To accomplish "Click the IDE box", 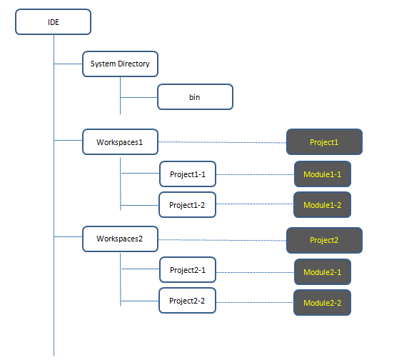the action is pyautogui.click(x=54, y=22).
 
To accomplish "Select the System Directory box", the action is pyautogui.click(x=120, y=64).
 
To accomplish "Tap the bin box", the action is pyautogui.click(x=195, y=97).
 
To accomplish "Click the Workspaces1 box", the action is pyautogui.click(x=120, y=141).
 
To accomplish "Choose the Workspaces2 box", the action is pyautogui.click(x=120, y=239).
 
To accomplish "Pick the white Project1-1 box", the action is pyautogui.click(x=188, y=174).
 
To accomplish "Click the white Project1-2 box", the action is pyautogui.click(x=187, y=205).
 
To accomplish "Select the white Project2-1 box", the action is pyautogui.click(x=188, y=270).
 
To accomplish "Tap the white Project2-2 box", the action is pyautogui.click(x=187, y=301).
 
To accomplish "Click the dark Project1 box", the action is pyautogui.click(x=324, y=141).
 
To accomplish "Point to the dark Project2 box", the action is pyautogui.click(x=324, y=240).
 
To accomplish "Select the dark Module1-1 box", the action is pyautogui.click(x=323, y=174).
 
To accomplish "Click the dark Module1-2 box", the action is pyautogui.click(x=322, y=205).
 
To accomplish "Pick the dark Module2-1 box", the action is pyautogui.click(x=323, y=271).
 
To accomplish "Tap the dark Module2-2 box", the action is pyautogui.click(x=322, y=303).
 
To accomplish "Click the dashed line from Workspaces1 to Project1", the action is pyautogui.click(x=222, y=142).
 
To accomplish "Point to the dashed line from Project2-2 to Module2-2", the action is pyautogui.click(x=255, y=303).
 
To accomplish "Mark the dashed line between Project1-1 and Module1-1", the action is pyautogui.click(x=255, y=174).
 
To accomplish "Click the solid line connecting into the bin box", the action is pyautogui.click(x=138, y=97).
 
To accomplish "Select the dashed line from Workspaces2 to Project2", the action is pyautogui.click(x=222, y=240).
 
